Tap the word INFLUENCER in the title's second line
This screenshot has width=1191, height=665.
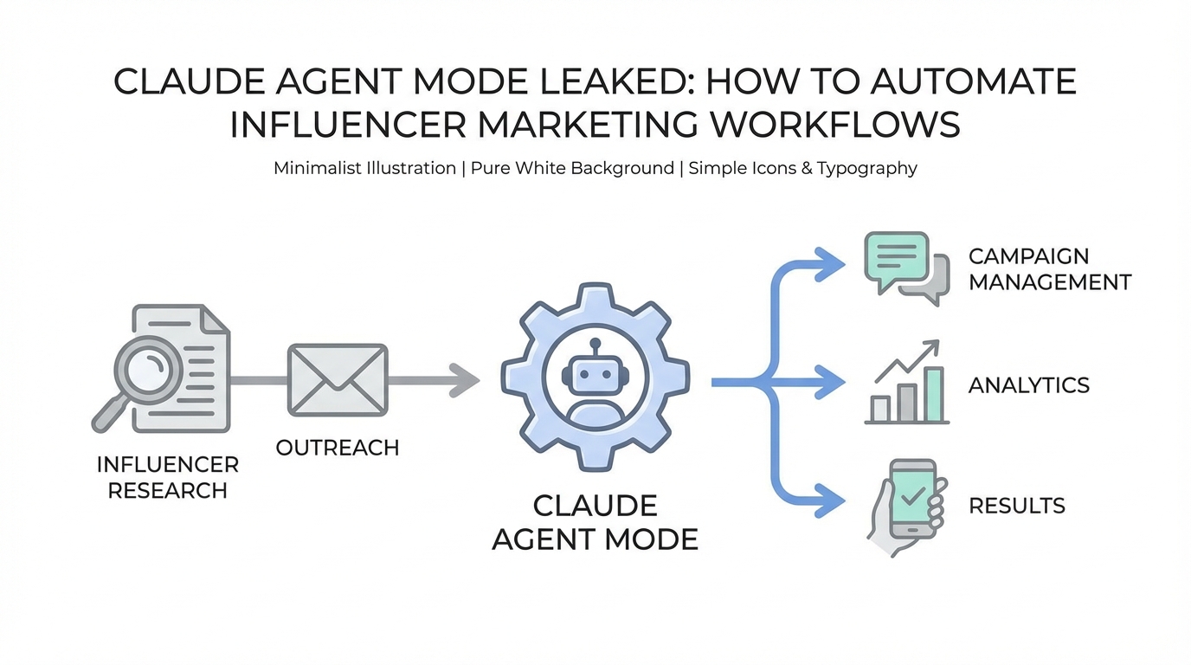348,124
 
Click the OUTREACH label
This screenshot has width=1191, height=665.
337,448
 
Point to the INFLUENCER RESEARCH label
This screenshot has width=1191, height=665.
167,477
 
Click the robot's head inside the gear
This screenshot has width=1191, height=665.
595,374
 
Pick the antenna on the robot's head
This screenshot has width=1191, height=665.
595,345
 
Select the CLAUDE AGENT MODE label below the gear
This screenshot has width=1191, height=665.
595,522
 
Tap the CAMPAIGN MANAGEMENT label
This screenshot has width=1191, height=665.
1049,269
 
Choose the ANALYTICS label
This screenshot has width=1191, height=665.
1028,385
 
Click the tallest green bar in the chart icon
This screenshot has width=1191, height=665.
933,393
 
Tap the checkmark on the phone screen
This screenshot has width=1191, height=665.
912,496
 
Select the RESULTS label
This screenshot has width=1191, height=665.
1016,506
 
